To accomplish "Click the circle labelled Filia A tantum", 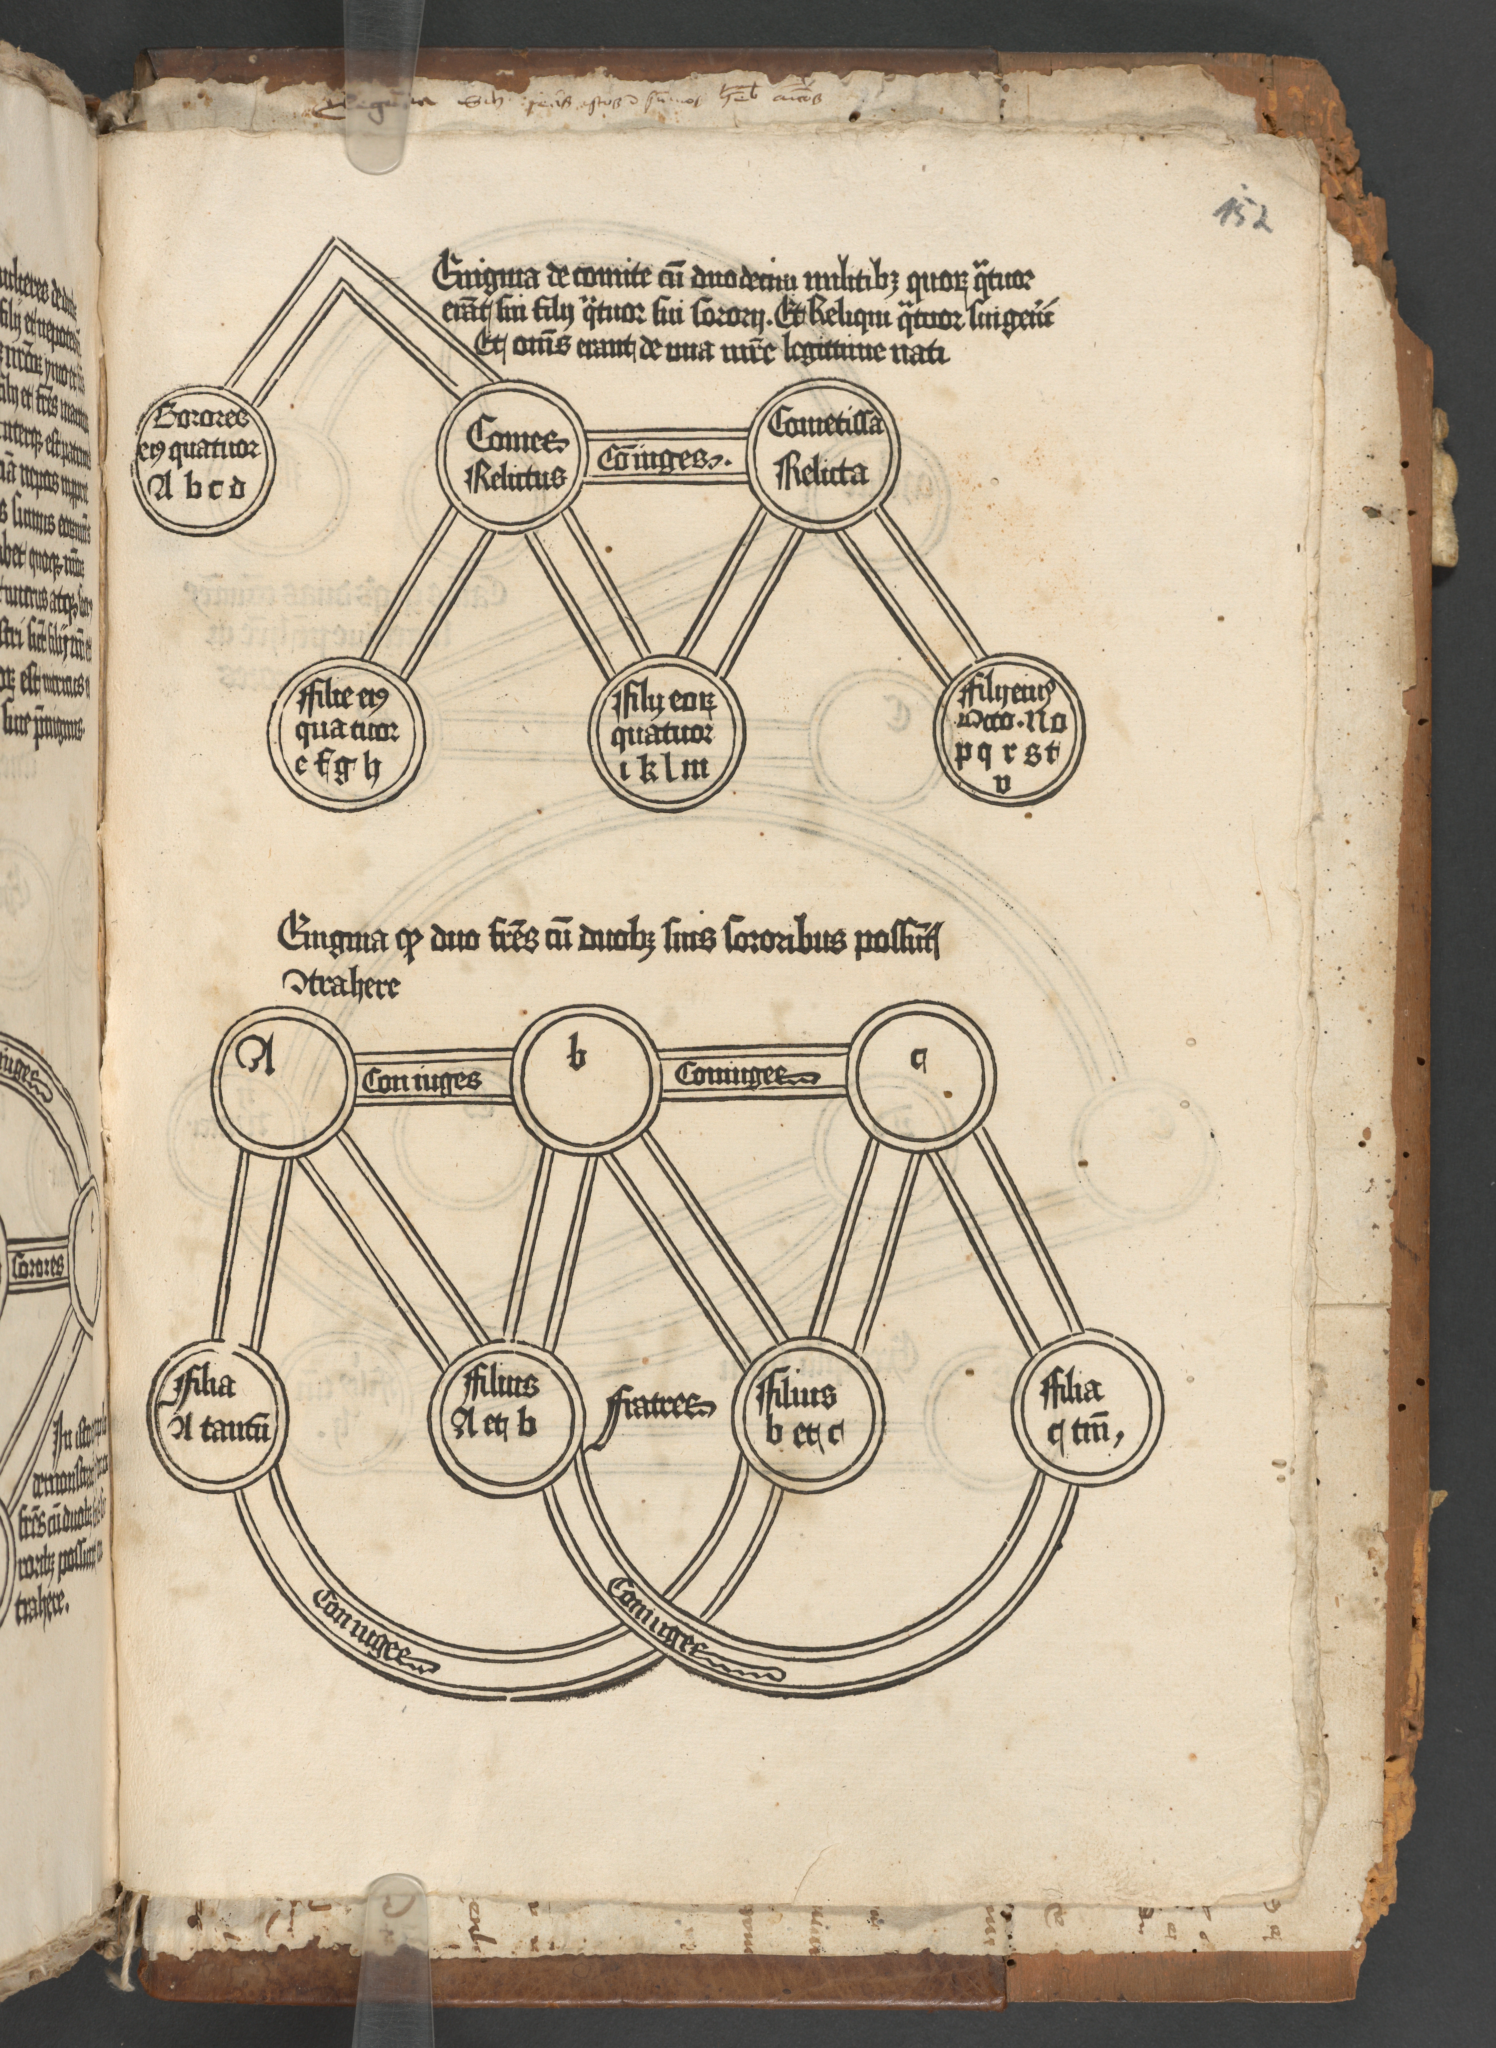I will pos(218,1407).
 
